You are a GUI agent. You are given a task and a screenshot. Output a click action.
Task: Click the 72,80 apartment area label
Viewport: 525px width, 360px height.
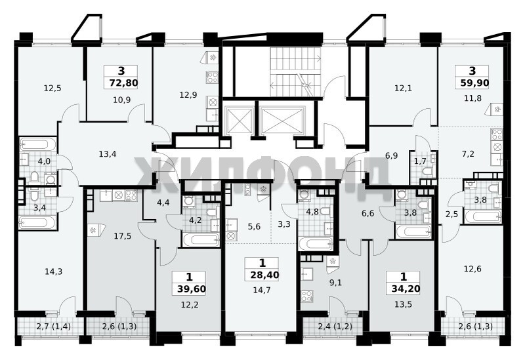click(123, 83)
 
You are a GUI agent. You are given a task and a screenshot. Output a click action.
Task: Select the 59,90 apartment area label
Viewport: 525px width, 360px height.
click(474, 83)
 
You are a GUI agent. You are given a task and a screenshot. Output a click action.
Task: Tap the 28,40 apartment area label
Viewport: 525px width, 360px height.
click(264, 275)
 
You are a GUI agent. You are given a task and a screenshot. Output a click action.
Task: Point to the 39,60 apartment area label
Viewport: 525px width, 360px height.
click(192, 289)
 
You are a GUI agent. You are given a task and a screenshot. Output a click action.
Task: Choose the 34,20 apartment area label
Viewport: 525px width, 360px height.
click(406, 289)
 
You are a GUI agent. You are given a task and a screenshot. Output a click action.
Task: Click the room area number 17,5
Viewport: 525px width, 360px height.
click(123, 236)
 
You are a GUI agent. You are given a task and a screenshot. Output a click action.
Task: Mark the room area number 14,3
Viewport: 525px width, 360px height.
click(54, 271)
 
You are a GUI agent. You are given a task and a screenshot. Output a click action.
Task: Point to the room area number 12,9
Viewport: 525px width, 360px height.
click(188, 94)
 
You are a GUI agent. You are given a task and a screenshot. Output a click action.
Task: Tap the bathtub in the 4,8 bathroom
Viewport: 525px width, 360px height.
click(315, 244)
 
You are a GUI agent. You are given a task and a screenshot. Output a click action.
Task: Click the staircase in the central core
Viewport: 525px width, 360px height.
click(295, 71)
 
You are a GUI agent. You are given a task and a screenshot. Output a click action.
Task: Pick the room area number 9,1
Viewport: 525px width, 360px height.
click(335, 283)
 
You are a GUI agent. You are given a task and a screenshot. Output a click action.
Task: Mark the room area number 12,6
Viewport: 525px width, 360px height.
click(472, 268)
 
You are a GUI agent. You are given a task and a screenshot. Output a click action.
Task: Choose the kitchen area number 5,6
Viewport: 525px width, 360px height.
click(254, 226)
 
